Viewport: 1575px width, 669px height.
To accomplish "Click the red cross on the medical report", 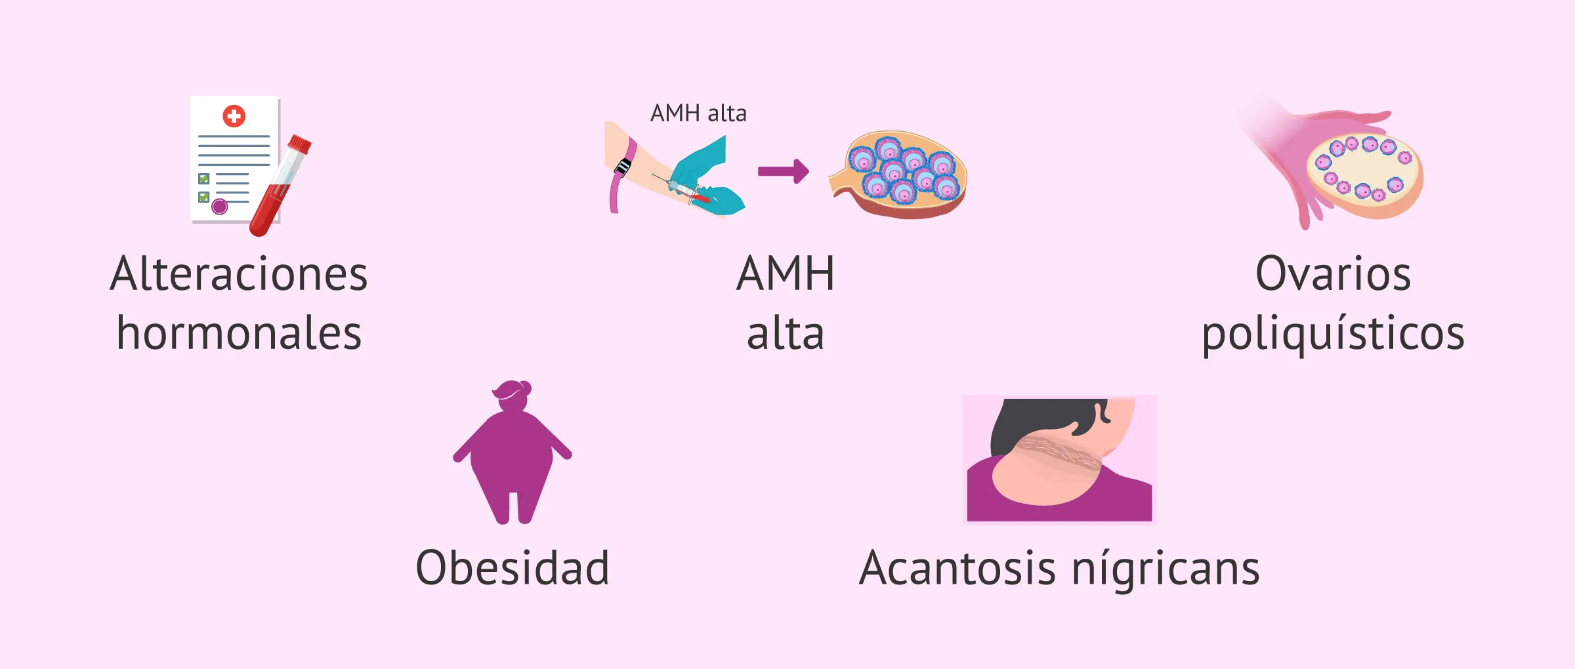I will click(x=234, y=117).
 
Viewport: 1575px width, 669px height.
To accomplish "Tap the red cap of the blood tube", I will click(x=300, y=144).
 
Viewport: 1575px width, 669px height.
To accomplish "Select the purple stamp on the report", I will click(x=220, y=207).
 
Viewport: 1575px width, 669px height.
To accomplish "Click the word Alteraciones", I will click(x=239, y=274).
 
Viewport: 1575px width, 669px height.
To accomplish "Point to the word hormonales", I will click(x=239, y=333).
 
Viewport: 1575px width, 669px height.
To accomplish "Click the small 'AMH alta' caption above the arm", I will click(x=698, y=113).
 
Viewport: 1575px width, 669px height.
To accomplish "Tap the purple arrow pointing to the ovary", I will click(x=783, y=171).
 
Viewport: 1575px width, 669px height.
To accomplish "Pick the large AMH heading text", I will click(x=785, y=274).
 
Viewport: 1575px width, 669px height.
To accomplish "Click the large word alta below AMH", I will click(x=785, y=334).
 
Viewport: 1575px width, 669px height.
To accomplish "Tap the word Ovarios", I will click(x=1333, y=274).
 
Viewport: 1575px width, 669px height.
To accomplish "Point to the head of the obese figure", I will click(x=513, y=395).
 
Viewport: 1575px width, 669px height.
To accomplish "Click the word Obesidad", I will click(x=513, y=568).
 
